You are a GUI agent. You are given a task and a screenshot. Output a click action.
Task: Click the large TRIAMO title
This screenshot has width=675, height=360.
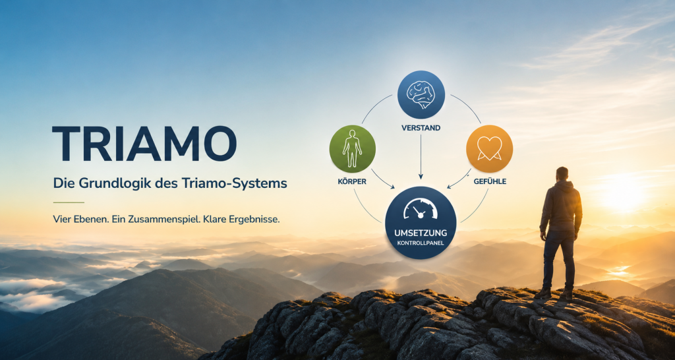[144, 144]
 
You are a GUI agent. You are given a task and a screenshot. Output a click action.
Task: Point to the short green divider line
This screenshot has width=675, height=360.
[69, 202]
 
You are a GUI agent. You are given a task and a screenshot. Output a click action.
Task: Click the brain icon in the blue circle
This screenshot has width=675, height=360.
[421, 94]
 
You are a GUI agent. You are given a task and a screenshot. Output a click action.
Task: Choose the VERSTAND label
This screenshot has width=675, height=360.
[421, 128]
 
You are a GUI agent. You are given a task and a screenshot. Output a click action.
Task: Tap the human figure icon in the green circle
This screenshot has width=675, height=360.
[352, 148]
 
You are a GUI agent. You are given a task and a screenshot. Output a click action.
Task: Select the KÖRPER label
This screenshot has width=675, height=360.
[352, 181]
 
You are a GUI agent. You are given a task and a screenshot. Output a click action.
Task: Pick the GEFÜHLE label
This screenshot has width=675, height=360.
[490, 181]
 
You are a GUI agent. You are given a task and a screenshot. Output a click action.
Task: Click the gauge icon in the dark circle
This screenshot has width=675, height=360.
[421, 208]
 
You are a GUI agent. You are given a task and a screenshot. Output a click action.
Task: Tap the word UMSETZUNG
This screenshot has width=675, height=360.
[421, 233]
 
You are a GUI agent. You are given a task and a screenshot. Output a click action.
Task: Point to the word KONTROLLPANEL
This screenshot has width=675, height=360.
[421, 243]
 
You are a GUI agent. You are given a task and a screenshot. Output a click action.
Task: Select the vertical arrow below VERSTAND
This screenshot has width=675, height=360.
[421, 157]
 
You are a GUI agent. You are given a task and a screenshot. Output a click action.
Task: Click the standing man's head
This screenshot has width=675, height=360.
[562, 173]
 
